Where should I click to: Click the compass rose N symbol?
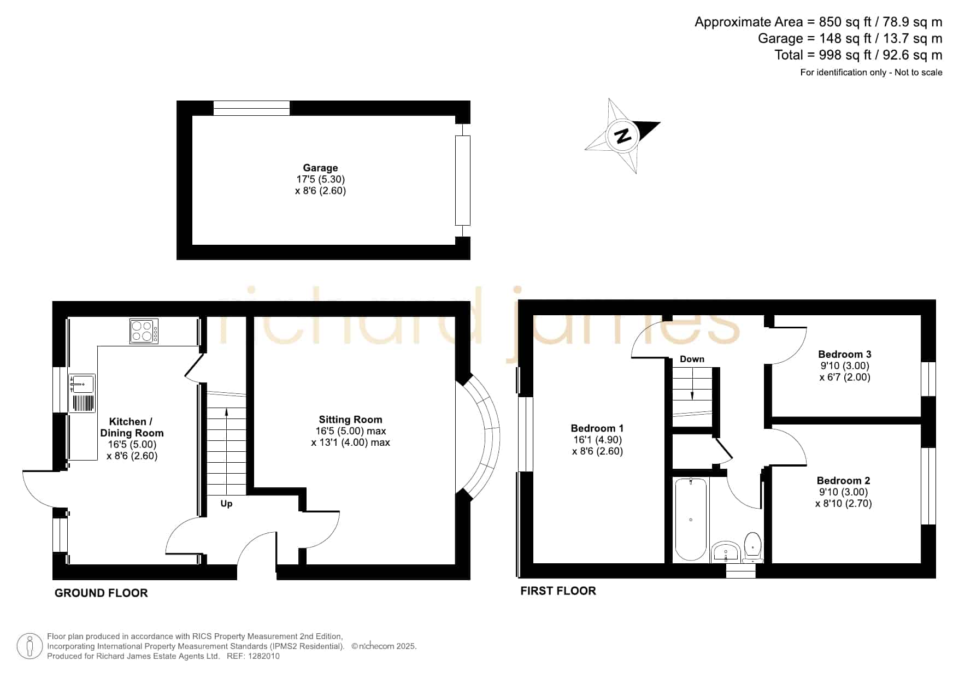[x=622, y=135]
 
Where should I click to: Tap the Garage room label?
[x=320, y=168]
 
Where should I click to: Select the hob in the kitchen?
[x=144, y=331]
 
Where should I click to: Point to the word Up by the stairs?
[x=226, y=504]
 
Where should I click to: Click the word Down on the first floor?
[x=692, y=359]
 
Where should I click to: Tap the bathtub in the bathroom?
[x=691, y=520]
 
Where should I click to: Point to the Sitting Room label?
[x=350, y=420]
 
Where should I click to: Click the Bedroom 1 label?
[x=597, y=428]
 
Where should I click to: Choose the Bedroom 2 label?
[x=843, y=481]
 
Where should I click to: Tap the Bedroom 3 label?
[x=845, y=355]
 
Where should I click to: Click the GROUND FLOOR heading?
[x=101, y=593]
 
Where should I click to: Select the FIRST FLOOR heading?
[x=558, y=591]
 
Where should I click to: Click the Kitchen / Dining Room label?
[x=132, y=427]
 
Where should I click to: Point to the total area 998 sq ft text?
[x=858, y=55]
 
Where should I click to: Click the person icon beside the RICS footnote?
[x=30, y=647]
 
